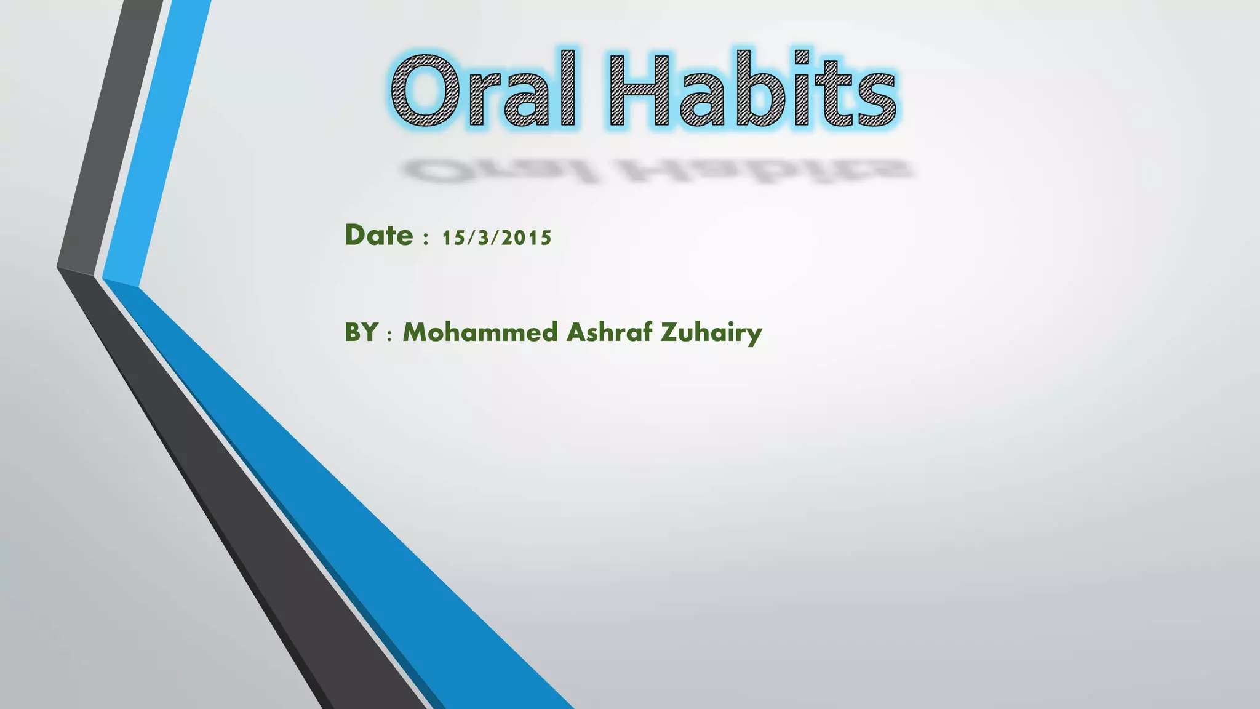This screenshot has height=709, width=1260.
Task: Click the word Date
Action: point(378,236)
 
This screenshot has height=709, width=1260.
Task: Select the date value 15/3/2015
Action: point(496,238)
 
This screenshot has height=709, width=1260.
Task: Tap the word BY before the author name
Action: point(361,333)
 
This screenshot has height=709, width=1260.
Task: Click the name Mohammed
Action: point(479,333)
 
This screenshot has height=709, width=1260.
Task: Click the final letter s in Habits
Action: point(875,98)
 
